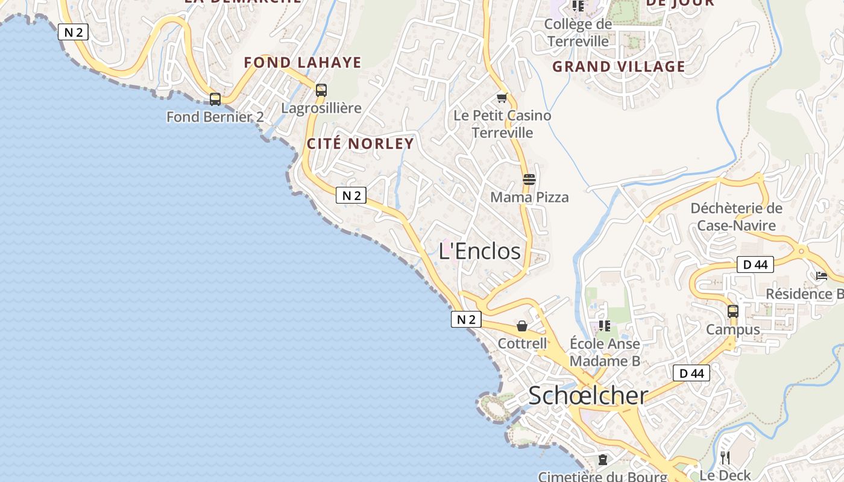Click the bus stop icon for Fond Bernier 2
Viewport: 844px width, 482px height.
tap(215, 99)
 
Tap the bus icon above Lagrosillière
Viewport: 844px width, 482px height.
tap(321, 90)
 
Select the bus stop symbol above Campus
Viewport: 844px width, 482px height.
tap(733, 311)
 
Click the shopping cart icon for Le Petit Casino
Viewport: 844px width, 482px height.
tap(502, 98)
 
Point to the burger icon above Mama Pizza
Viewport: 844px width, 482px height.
tap(529, 179)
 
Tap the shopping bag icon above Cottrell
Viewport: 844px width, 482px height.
tap(522, 326)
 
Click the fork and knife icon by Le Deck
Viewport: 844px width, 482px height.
tap(725, 457)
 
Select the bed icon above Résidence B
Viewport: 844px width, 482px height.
tap(821, 276)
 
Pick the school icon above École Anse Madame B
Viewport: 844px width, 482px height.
tap(605, 326)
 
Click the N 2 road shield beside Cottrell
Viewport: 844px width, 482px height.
tap(466, 319)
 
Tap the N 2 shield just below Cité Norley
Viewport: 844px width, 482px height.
tap(351, 195)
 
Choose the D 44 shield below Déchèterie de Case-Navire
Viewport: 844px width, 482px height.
tap(755, 264)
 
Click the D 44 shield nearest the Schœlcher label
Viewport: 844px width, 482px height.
tap(691, 373)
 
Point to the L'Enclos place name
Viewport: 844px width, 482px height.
tap(479, 251)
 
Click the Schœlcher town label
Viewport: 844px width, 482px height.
tap(588, 395)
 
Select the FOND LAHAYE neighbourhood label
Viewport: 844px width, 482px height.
tap(303, 62)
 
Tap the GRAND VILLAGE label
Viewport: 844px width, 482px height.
tap(619, 66)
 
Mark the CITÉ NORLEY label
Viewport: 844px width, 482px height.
tap(361, 143)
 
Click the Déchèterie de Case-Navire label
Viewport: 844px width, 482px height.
tap(736, 217)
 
